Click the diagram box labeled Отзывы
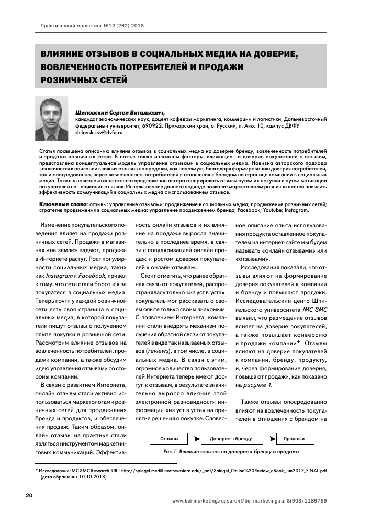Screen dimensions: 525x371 168,438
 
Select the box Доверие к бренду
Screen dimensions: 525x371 230,438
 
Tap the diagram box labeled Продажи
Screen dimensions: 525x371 295,438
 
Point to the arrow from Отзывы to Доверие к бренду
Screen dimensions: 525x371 193,438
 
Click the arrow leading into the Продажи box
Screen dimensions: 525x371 267,438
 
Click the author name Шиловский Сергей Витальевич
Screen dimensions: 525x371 120,111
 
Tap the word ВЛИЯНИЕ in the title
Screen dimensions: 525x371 64,54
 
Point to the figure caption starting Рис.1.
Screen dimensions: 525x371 231,451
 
